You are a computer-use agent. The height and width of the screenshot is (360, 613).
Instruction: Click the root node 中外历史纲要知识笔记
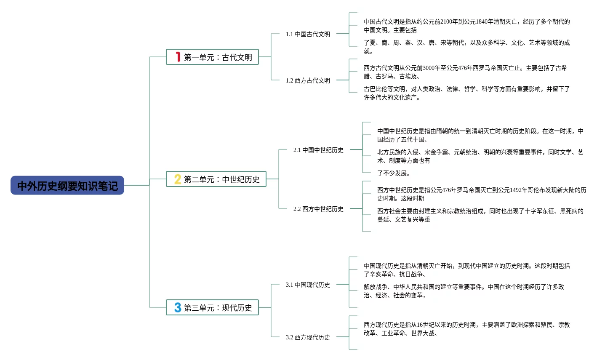[67, 186]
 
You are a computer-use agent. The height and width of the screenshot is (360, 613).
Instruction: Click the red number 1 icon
[178, 57]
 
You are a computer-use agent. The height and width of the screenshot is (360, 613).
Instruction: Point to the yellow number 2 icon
[178, 179]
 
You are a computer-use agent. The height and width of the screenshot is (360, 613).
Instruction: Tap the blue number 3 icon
[178, 308]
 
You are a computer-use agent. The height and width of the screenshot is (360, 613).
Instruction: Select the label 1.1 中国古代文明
[308, 34]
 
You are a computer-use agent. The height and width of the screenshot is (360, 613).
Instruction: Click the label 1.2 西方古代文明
[308, 80]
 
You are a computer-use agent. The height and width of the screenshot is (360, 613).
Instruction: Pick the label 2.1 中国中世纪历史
[318, 150]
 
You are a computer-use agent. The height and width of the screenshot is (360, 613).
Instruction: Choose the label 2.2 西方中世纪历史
[318, 209]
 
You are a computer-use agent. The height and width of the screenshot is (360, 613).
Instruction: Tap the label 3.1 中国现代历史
[308, 285]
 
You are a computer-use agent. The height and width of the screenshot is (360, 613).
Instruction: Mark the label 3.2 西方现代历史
[308, 337]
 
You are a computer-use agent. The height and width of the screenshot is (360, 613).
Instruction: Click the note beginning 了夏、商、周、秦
[466, 47]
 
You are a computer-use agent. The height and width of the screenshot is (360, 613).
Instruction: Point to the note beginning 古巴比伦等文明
[466, 93]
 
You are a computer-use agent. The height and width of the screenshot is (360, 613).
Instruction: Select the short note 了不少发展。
[394, 173]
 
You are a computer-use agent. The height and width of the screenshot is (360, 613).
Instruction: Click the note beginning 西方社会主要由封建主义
[480, 215]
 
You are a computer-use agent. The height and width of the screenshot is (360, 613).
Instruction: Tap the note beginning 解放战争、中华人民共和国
[464, 291]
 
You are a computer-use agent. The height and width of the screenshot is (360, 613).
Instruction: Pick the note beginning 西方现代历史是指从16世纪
[466, 329]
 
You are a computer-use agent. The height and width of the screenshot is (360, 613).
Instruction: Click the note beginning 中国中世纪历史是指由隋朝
[480, 135]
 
